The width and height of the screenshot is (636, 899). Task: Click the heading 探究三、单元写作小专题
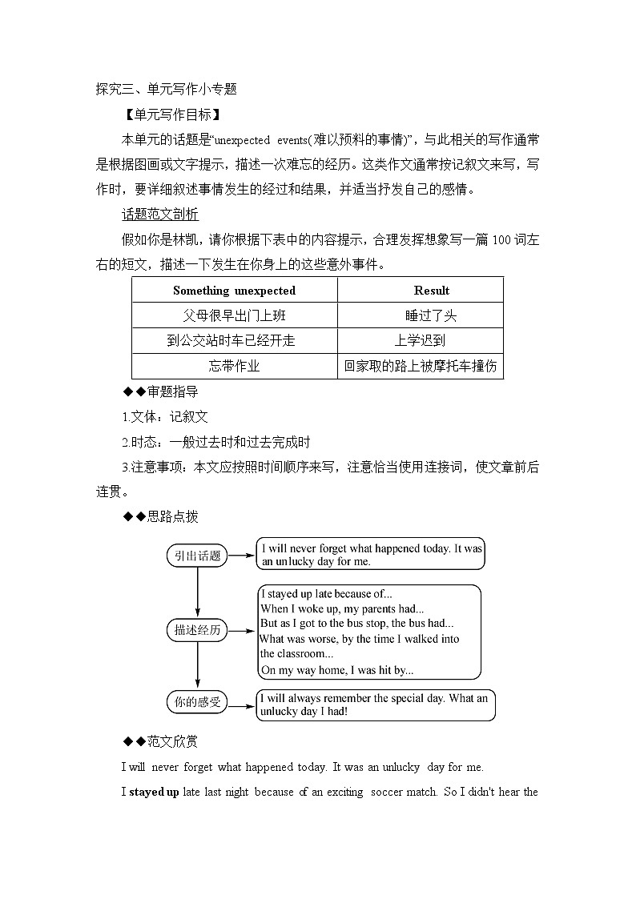(166, 89)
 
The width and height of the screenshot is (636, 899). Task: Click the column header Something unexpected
(234, 291)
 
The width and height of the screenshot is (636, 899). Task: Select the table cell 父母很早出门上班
(234, 315)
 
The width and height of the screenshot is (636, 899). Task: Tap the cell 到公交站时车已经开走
(231, 340)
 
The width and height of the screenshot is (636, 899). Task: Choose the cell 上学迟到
(420, 340)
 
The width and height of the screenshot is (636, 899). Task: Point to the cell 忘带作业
(234, 366)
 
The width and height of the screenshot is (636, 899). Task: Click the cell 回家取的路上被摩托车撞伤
(420, 366)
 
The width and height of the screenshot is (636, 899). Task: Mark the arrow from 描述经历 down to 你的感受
(197, 666)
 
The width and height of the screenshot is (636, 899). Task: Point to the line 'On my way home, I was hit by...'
(336, 671)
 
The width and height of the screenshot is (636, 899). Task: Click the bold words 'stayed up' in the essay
(154, 793)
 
